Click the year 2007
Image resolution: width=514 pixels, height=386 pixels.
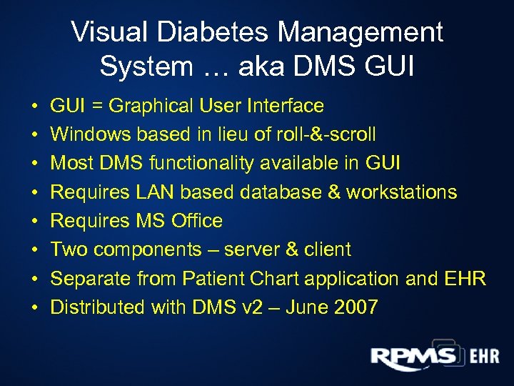click(x=355, y=307)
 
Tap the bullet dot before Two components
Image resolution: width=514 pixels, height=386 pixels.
click(x=35, y=250)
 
